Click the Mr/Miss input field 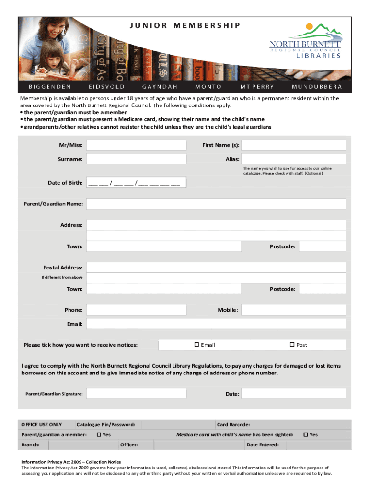[136, 145]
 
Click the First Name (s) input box [293, 145]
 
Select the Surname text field [136, 159]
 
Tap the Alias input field [293, 159]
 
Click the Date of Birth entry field [136, 183]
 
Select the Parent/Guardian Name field [216, 204]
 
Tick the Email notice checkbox [196, 345]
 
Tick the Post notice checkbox [291, 345]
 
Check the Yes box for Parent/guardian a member [98, 434]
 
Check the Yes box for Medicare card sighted [306, 434]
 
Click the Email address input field [216, 324]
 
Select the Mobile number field [293, 310]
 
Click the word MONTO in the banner [208, 87]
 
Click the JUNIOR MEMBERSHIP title [184, 25]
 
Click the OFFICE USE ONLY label [42, 424]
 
